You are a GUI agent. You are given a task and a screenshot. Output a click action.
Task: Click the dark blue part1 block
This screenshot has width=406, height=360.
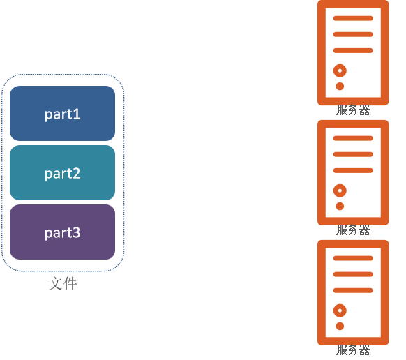[x=62, y=113]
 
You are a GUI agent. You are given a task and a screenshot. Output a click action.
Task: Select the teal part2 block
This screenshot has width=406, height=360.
[x=62, y=172]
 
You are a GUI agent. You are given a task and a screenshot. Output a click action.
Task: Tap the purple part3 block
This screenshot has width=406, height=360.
[x=62, y=232]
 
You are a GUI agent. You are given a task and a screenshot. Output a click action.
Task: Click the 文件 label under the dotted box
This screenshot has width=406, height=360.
[x=63, y=283]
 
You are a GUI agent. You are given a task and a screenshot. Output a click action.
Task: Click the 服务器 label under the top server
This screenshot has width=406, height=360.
[x=353, y=110]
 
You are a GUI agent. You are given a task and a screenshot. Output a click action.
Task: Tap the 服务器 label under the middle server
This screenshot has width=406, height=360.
[x=353, y=230]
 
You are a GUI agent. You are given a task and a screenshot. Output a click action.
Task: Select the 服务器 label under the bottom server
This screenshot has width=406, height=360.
[x=353, y=350]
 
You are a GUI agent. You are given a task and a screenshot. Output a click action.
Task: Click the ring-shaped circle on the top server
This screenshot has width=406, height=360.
[x=337, y=70]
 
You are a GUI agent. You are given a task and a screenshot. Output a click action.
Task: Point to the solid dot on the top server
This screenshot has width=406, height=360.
[x=340, y=87]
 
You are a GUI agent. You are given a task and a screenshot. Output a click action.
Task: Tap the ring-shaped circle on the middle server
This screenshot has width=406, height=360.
[x=337, y=190]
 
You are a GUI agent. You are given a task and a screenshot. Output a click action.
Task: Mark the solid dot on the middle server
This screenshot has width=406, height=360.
[x=340, y=206]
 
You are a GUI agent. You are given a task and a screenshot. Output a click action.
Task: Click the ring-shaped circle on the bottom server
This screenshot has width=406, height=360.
[x=337, y=310]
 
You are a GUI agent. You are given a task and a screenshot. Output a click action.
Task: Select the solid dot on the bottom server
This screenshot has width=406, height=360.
[x=340, y=326]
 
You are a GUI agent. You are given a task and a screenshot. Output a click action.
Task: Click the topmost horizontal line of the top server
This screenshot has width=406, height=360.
[x=353, y=18]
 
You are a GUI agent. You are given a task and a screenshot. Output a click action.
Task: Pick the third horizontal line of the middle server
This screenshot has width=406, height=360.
[x=353, y=170]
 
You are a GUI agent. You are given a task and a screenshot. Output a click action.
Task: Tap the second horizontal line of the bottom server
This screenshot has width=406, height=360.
[x=353, y=274]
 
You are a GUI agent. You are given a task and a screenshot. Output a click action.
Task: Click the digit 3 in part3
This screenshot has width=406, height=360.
[x=76, y=232]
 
